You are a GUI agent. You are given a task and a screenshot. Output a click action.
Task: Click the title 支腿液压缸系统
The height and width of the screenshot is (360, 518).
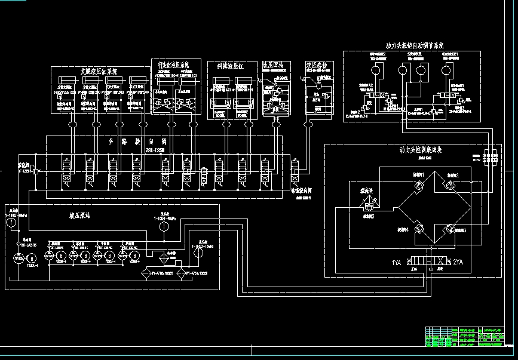coord(99,70)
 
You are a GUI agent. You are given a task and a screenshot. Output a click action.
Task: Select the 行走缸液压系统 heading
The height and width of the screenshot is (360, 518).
coord(173,64)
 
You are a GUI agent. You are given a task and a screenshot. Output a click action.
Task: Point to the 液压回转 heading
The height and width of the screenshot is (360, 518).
coord(276,64)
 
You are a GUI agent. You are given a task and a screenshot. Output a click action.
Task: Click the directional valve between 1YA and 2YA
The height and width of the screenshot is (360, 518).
coord(427,262)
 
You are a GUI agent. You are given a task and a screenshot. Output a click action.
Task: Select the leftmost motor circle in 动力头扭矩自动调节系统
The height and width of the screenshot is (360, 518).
coord(374,70)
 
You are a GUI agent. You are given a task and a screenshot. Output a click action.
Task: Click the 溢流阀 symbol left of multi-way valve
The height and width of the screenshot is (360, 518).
coord(36,172)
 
